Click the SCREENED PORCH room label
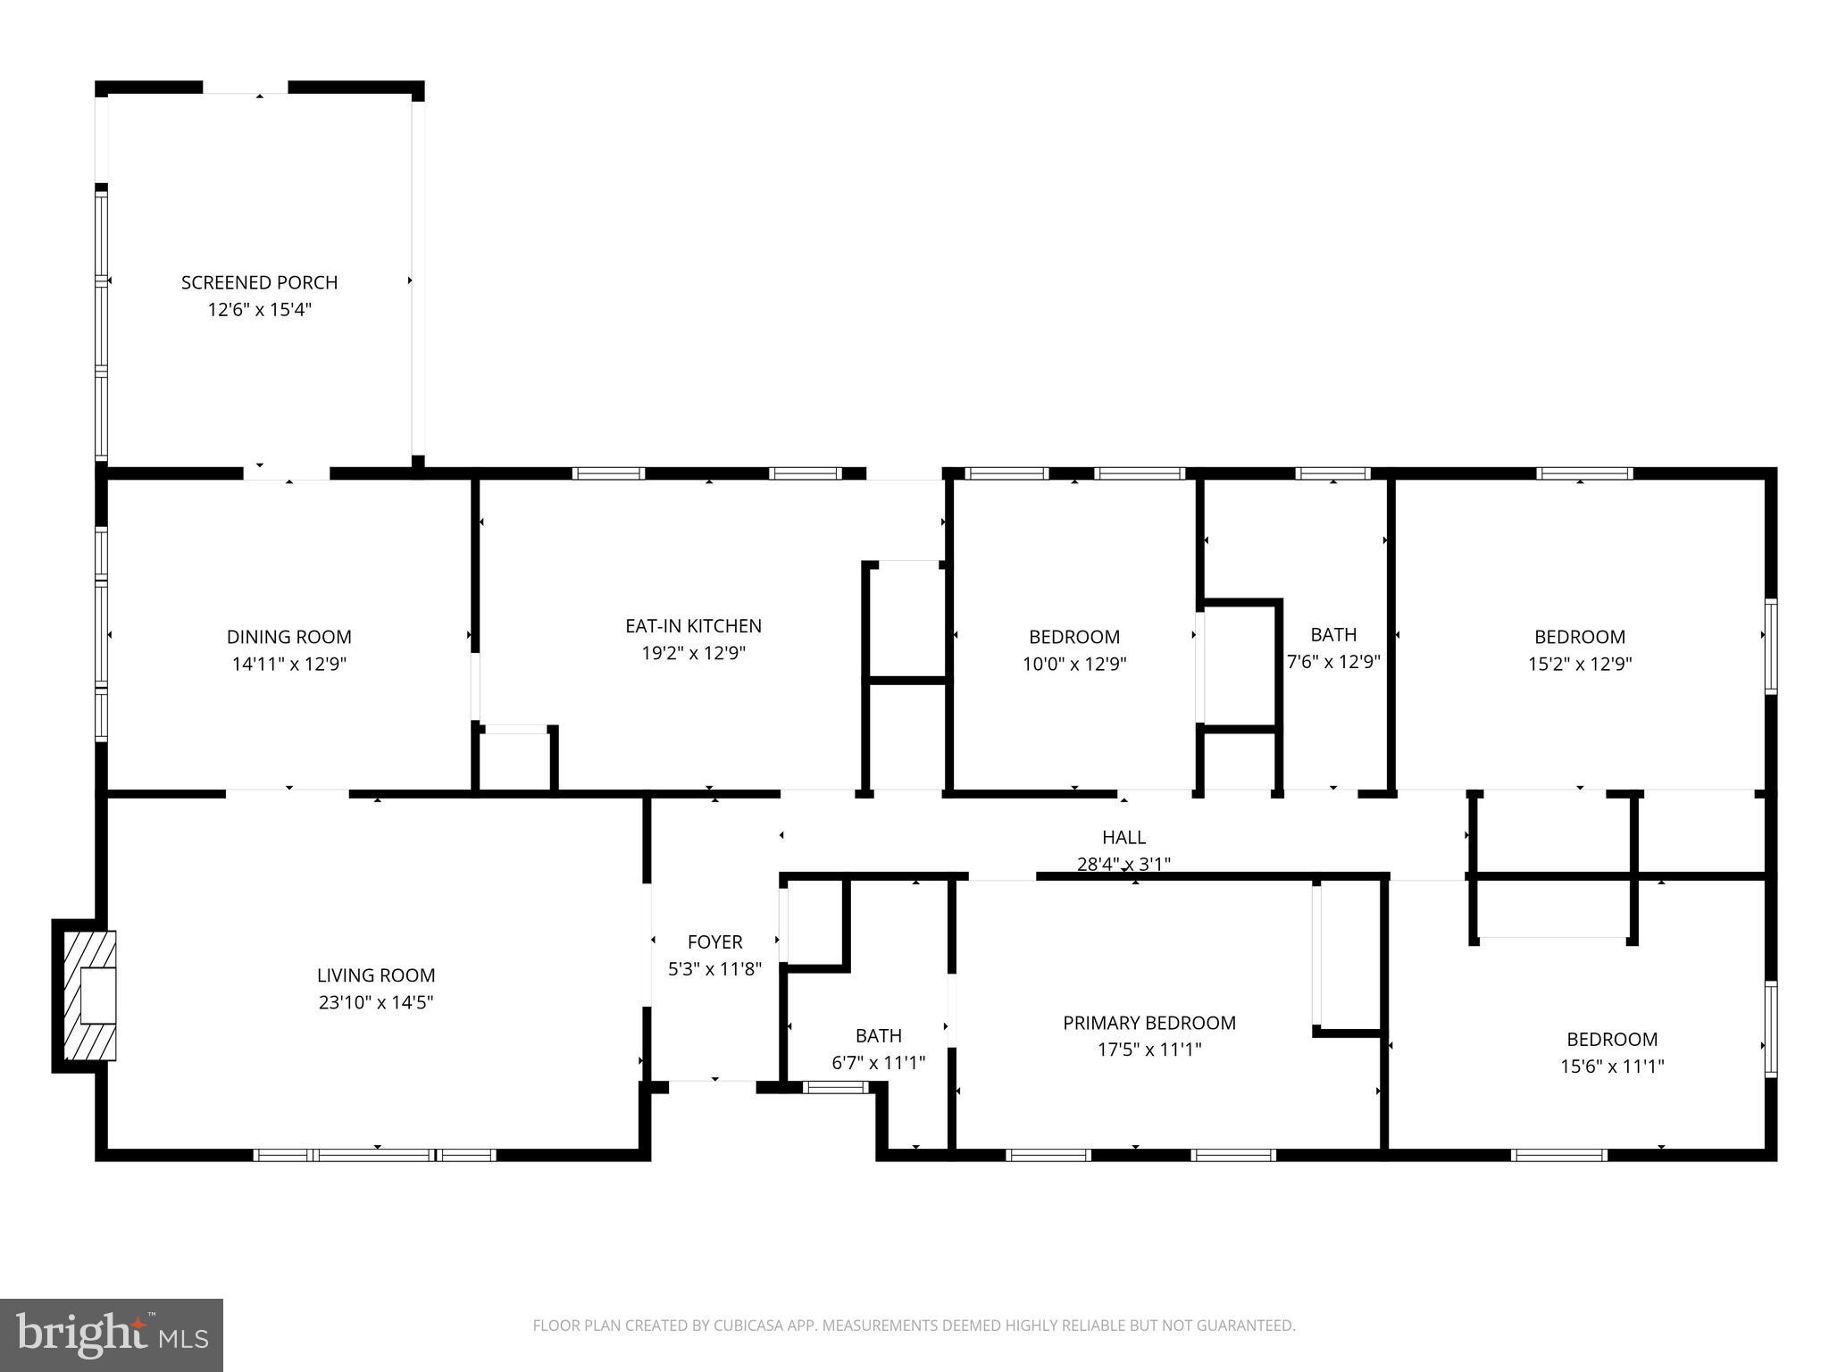point(259,282)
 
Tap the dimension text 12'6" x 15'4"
point(259,310)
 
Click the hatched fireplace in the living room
point(90,995)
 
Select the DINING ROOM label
point(288,637)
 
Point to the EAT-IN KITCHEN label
point(693,626)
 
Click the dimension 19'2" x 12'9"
point(693,653)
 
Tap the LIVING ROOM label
point(376,975)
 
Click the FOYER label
point(714,941)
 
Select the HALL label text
point(1123,837)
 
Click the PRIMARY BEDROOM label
point(1148,1023)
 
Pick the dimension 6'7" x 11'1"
point(878,1063)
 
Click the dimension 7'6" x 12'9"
point(1333,662)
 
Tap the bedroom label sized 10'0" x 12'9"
point(1073,637)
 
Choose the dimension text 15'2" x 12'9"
point(1580,664)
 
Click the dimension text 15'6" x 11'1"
point(1612,1066)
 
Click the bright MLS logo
point(112,1334)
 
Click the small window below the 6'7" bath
point(835,1087)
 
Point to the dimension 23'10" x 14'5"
point(376,1002)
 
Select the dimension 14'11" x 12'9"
point(288,664)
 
